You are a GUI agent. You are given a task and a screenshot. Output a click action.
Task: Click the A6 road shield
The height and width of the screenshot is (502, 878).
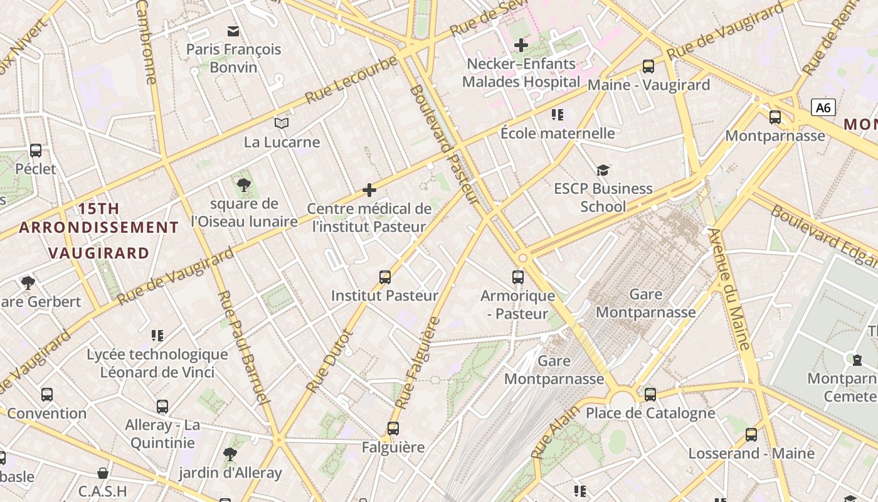tap(823, 107)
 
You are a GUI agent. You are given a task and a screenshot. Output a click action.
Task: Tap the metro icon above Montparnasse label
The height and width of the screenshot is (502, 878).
tap(775, 117)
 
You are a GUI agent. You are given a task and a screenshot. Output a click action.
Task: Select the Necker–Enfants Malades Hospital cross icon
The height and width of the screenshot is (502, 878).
tap(521, 45)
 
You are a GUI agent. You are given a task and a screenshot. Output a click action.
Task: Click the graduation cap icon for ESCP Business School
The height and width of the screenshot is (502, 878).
tap(603, 170)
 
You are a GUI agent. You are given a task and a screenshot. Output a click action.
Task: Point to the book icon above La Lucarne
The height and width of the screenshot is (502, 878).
tap(282, 124)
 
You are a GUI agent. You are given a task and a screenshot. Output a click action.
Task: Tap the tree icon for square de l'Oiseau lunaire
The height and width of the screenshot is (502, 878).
tap(244, 185)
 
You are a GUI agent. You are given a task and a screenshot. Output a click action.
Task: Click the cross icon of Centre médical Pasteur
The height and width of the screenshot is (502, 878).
tap(369, 190)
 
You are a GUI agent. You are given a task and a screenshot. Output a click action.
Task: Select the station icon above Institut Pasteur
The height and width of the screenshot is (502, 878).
tap(384, 277)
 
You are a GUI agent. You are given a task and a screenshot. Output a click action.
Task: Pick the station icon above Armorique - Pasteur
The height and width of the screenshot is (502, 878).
tap(517, 277)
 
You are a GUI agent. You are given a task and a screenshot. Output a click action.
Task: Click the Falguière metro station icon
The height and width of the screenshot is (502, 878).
tap(393, 429)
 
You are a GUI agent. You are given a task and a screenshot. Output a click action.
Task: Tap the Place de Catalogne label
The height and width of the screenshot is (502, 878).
tap(650, 413)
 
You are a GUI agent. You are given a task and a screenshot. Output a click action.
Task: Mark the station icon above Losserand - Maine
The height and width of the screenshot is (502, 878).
tap(751, 434)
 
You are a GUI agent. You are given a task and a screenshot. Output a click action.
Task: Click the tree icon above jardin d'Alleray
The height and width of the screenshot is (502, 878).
tap(230, 454)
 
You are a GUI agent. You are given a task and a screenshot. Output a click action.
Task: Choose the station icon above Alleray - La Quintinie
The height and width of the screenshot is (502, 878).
tap(162, 407)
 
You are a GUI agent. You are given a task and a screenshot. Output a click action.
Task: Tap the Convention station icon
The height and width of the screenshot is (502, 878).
tap(47, 395)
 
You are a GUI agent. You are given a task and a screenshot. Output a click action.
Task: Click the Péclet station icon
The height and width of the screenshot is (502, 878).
tap(36, 151)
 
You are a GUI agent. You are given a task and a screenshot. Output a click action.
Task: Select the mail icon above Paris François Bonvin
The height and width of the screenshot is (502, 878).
tap(233, 31)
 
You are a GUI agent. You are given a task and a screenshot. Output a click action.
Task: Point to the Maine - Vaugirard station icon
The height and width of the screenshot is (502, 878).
tap(648, 66)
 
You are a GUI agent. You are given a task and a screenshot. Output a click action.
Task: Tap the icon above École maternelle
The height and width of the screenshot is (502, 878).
tap(558, 114)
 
